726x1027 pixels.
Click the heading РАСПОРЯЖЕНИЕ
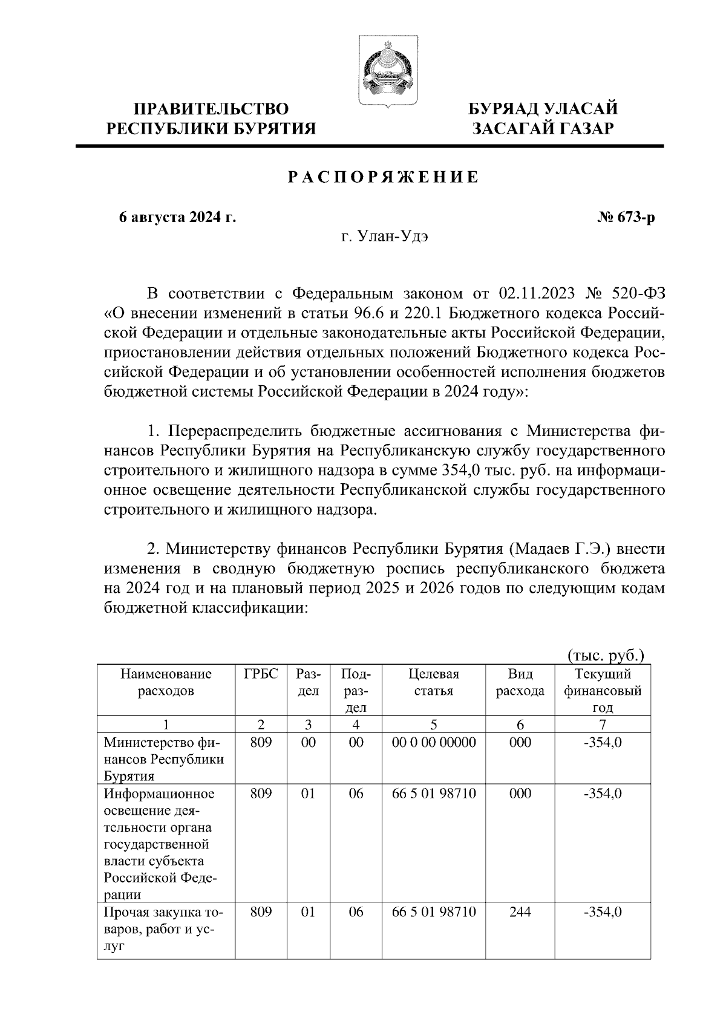pos(383,177)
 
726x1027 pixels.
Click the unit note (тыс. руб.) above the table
pos(606,656)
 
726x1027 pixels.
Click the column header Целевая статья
pos(433,682)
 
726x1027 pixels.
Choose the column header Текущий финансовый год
pos(603,690)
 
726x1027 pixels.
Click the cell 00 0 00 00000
pos(433,742)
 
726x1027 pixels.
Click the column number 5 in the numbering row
pos(433,724)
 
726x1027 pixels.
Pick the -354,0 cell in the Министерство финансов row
pos(603,742)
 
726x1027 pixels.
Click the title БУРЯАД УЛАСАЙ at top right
pos(544,109)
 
